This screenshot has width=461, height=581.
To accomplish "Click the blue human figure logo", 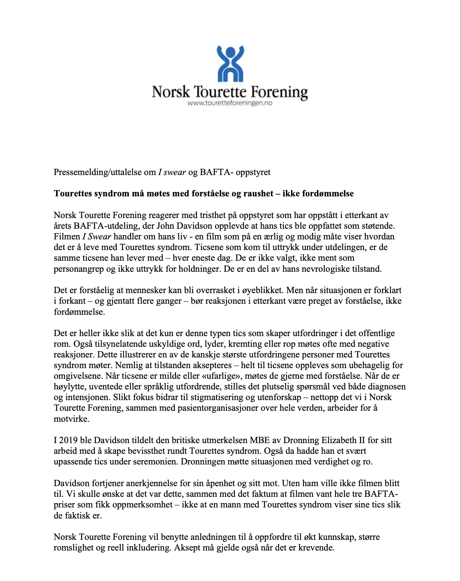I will tap(230, 64).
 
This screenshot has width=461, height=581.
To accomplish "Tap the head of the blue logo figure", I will tap(230, 52).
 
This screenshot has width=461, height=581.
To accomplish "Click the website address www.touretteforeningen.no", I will tap(230, 103).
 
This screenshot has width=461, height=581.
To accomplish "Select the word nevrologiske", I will tap(321, 269).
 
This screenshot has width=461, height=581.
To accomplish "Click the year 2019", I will tap(68, 440).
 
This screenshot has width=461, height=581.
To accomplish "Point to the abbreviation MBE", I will tap(260, 440).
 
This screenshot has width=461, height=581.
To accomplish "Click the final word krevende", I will tap(316, 548).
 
